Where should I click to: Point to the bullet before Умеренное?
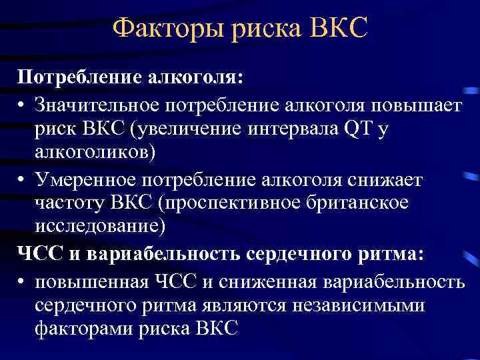click(x=21, y=179)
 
